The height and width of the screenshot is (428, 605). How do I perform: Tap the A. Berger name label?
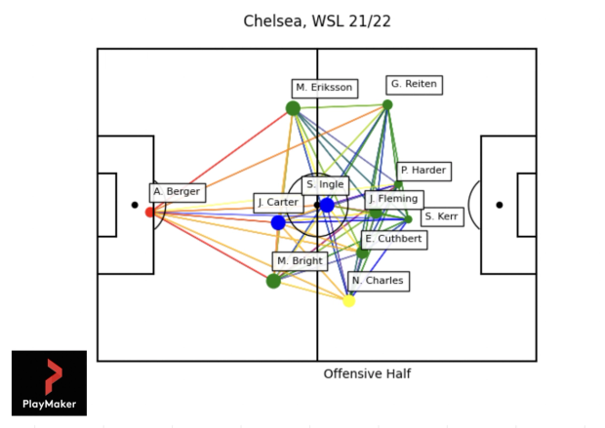click(178, 192)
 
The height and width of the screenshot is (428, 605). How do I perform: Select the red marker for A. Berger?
click(150, 212)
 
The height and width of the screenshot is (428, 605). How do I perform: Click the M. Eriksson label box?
click(324, 88)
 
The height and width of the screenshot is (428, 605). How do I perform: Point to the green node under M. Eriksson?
click(293, 108)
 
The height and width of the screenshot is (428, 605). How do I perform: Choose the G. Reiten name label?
click(414, 85)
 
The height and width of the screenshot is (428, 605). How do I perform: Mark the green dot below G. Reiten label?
click(387, 105)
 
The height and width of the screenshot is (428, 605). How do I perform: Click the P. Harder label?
click(423, 171)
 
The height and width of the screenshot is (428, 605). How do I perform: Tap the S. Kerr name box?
click(442, 216)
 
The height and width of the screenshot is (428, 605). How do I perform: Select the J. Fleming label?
click(393, 199)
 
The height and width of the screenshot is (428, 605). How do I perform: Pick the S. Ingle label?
click(325, 184)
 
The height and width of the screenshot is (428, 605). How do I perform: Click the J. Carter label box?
click(278, 203)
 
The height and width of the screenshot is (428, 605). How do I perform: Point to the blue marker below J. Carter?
click(278, 222)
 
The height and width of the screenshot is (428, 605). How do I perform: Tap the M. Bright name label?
click(300, 261)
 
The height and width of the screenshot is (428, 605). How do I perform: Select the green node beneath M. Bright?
click(273, 281)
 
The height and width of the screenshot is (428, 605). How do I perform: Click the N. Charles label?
click(377, 281)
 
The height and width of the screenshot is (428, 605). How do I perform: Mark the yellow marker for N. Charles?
click(348, 300)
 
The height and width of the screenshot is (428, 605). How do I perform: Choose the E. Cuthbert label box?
click(393, 239)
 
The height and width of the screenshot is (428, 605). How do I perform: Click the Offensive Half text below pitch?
click(367, 374)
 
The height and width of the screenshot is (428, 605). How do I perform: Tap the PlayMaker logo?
click(49, 383)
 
